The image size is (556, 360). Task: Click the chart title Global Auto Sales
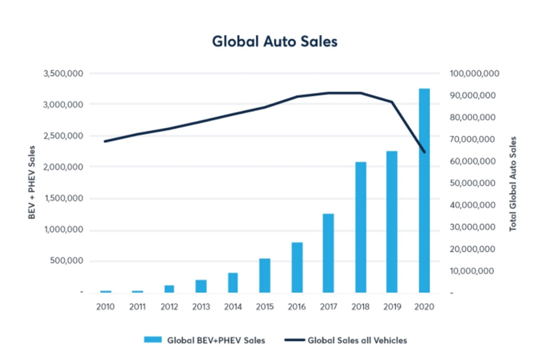pos(275,41)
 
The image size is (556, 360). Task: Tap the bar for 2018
pos(360,227)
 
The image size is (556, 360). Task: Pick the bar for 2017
pos(328,253)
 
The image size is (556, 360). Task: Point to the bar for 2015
pos(265,276)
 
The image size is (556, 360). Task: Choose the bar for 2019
pos(393,222)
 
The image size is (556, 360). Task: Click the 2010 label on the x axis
pos(105,306)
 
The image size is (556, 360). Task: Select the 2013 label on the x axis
pos(201,306)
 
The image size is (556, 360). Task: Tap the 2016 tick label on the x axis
pos(297,306)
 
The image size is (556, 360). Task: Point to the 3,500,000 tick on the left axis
pos(62,73)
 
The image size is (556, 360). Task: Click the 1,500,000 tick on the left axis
pos(62,198)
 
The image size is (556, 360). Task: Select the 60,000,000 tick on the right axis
pos(473,161)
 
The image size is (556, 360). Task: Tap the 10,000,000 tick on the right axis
pos(473,271)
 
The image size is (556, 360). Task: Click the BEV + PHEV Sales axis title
pos(31,182)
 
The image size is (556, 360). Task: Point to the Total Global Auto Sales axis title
pos(514,182)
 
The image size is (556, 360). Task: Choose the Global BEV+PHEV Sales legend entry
pos(204,340)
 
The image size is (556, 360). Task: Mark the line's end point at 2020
pos(425,152)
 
